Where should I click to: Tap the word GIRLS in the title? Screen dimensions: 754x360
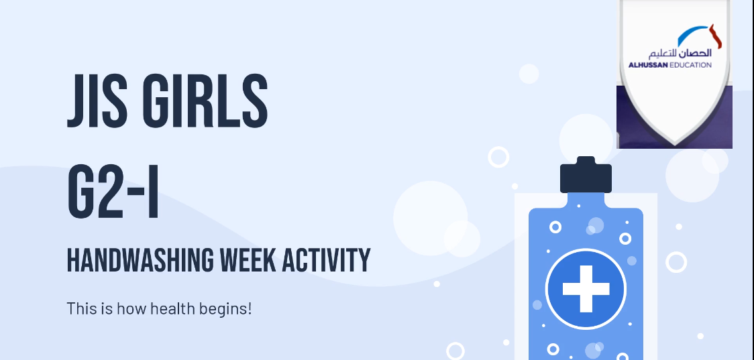(205, 101)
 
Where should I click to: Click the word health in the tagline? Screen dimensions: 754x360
(170, 308)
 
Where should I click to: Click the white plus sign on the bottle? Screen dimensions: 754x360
(586, 288)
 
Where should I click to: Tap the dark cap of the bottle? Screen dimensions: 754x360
(586, 174)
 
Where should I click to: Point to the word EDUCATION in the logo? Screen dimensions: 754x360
(690, 65)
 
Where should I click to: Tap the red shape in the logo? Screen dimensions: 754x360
(716, 36)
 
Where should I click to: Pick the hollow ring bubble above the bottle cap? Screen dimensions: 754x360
(498, 157)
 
